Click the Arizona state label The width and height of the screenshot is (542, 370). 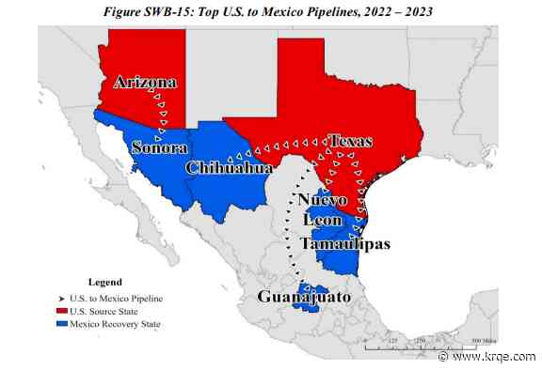click(145, 83)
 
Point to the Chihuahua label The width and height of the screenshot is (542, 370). click(230, 168)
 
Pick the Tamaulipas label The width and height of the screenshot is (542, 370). click(344, 243)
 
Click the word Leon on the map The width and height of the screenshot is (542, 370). click(321, 222)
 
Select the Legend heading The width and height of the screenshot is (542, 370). click(104, 282)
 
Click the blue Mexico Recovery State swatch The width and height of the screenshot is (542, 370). click(63, 324)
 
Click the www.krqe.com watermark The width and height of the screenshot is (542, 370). click(496, 358)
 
